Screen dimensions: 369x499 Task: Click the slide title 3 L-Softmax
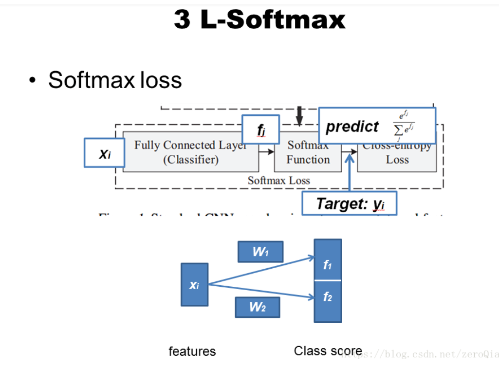click(x=259, y=20)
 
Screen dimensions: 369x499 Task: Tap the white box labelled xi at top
click(x=105, y=153)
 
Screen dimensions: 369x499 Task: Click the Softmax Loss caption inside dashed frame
click(x=278, y=180)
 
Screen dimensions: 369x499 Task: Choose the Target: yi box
click(x=349, y=203)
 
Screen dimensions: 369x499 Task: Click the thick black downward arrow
click(x=299, y=115)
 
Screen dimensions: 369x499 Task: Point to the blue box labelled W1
click(x=260, y=252)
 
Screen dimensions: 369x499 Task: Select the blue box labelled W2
click(x=257, y=307)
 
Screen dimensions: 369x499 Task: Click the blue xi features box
click(x=194, y=285)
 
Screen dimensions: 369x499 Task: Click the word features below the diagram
click(x=192, y=351)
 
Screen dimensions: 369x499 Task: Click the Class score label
click(x=328, y=351)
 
